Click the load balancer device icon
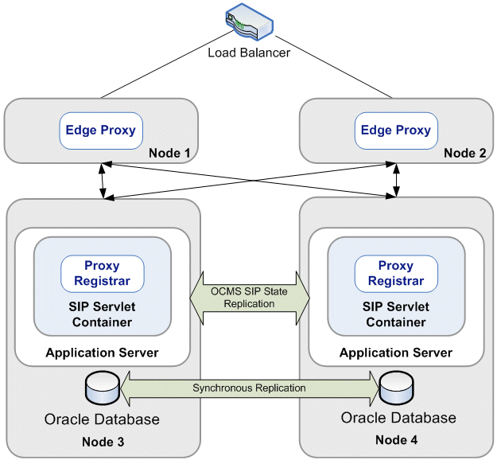click(248, 24)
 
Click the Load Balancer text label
click(248, 53)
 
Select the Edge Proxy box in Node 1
click(100, 131)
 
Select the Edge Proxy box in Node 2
click(395, 131)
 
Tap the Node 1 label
click(170, 151)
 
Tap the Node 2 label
click(464, 152)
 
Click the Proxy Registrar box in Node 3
click(103, 273)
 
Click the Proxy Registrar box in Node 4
click(395, 273)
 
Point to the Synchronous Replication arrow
click(248, 388)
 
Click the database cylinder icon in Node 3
click(101, 388)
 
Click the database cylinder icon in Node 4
click(394, 388)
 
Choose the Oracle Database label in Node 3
click(101, 419)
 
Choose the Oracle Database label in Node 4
click(398, 418)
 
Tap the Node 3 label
click(102, 442)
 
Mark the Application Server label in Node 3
click(103, 352)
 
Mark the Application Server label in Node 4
click(396, 352)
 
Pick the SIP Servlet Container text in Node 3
click(101, 314)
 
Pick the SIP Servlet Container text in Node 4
click(395, 314)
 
